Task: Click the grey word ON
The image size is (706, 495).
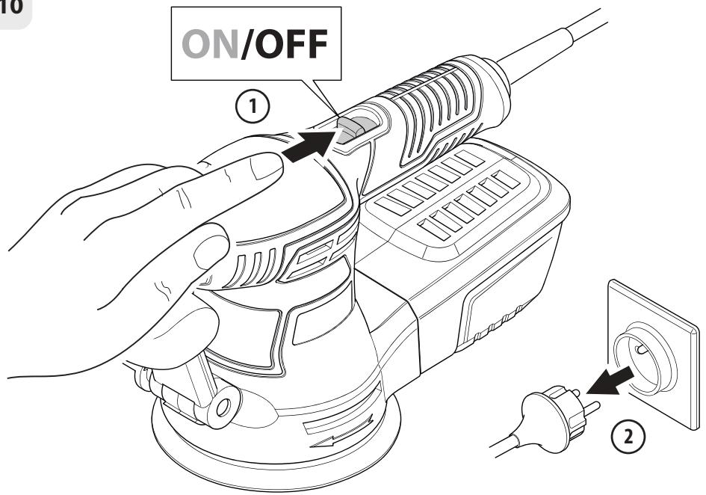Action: pyautogui.click(x=210, y=44)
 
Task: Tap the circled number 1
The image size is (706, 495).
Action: pyautogui.click(x=253, y=107)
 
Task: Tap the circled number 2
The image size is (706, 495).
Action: pyautogui.click(x=628, y=436)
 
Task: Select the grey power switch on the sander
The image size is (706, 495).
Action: pyautogui.click(x=354, y=129)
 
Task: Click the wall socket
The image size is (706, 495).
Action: pyautogui.click(x=652, y=354)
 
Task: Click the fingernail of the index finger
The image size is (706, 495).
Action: pyautogui.click(x=266, y=165)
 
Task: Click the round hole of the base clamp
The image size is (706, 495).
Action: pyautogui.click(x=223, y=407)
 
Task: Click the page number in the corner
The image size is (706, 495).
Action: pyautogui.click(x=10, y=7)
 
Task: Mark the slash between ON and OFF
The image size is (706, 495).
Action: pyautogui.click(x=244, y=43)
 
